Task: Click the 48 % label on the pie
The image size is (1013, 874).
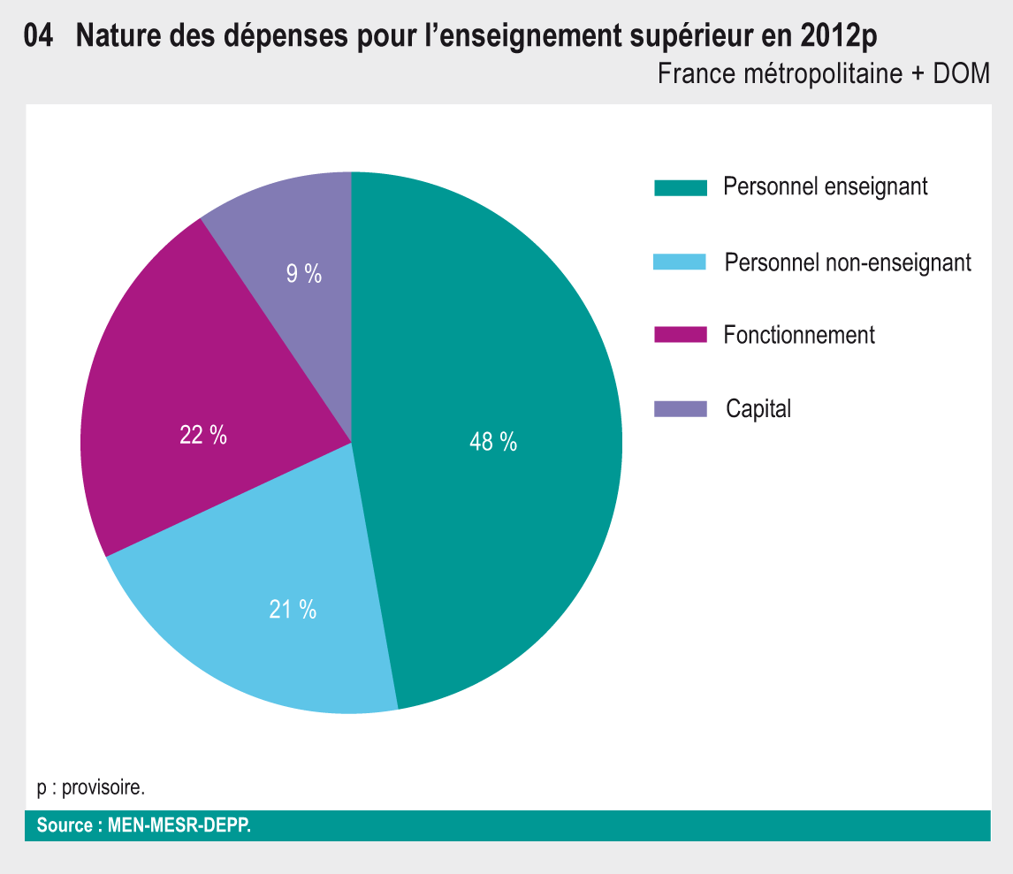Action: (x=493, y=442)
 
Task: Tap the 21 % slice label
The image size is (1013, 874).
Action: (x=293, y=609)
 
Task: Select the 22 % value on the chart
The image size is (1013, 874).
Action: (x=203, y=435)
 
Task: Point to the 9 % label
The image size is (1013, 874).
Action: (x=304, y=274)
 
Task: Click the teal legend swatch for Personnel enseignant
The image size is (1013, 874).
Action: (x=681, y=187)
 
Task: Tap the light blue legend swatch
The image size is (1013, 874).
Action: (x=680, y=262)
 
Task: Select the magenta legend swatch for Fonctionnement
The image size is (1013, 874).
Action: (x=681, y=334)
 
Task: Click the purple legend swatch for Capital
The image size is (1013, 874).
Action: (x=681, y=408)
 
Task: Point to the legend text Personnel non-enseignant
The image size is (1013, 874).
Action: (x=847, y=262)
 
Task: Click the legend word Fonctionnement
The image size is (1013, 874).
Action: (x=798, y=335)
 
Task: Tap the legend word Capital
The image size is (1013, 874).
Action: (x=758, y=408)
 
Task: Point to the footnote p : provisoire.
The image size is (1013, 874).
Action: (x=91, y=787)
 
